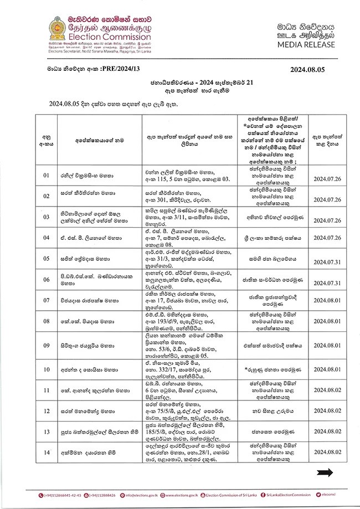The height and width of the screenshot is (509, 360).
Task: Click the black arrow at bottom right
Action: coord(325,472)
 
